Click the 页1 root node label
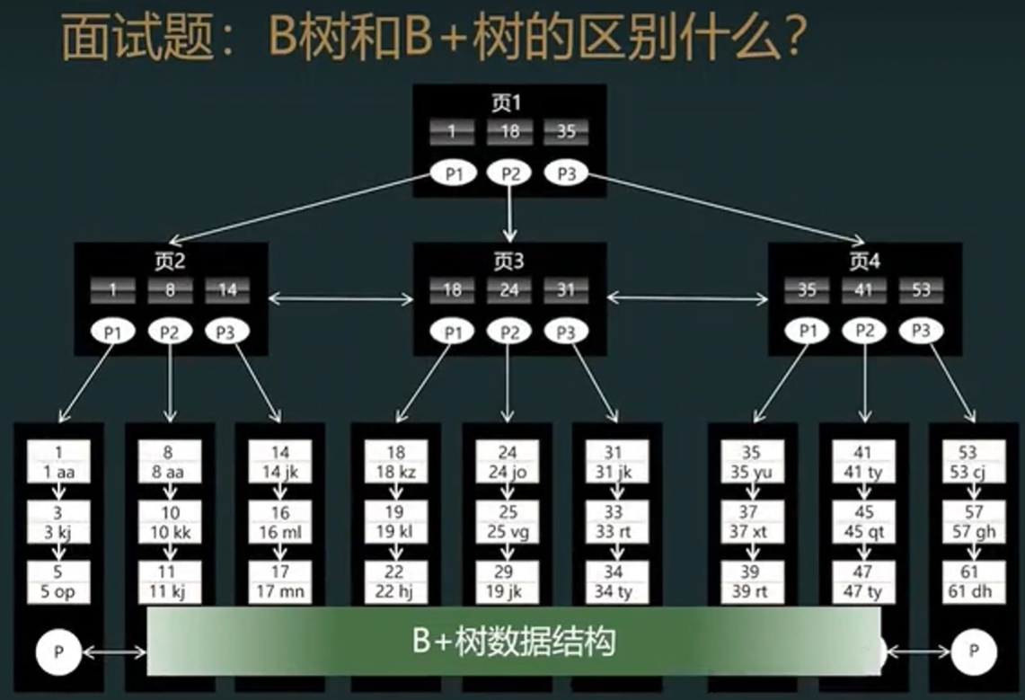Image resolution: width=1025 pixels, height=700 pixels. pos(508,102)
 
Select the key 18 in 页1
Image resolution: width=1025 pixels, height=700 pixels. pos(509,132)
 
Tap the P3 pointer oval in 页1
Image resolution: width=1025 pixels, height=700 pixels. pos(565,173)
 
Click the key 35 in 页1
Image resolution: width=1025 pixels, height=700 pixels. pos(566,132)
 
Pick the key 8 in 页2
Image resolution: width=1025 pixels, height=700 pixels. pos(170,290)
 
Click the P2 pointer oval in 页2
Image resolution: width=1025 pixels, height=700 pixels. pos(170,332)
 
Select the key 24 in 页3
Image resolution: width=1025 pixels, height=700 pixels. pos(509,290)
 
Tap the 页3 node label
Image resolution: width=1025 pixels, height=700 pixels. pos(508,261)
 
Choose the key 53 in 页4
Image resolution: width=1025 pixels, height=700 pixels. pos(921,290)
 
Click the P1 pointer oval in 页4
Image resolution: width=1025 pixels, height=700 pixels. pos(808,332)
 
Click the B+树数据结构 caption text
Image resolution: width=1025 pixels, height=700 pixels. pos(513,642)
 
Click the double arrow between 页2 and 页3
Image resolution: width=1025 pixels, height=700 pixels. pos(340,298)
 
